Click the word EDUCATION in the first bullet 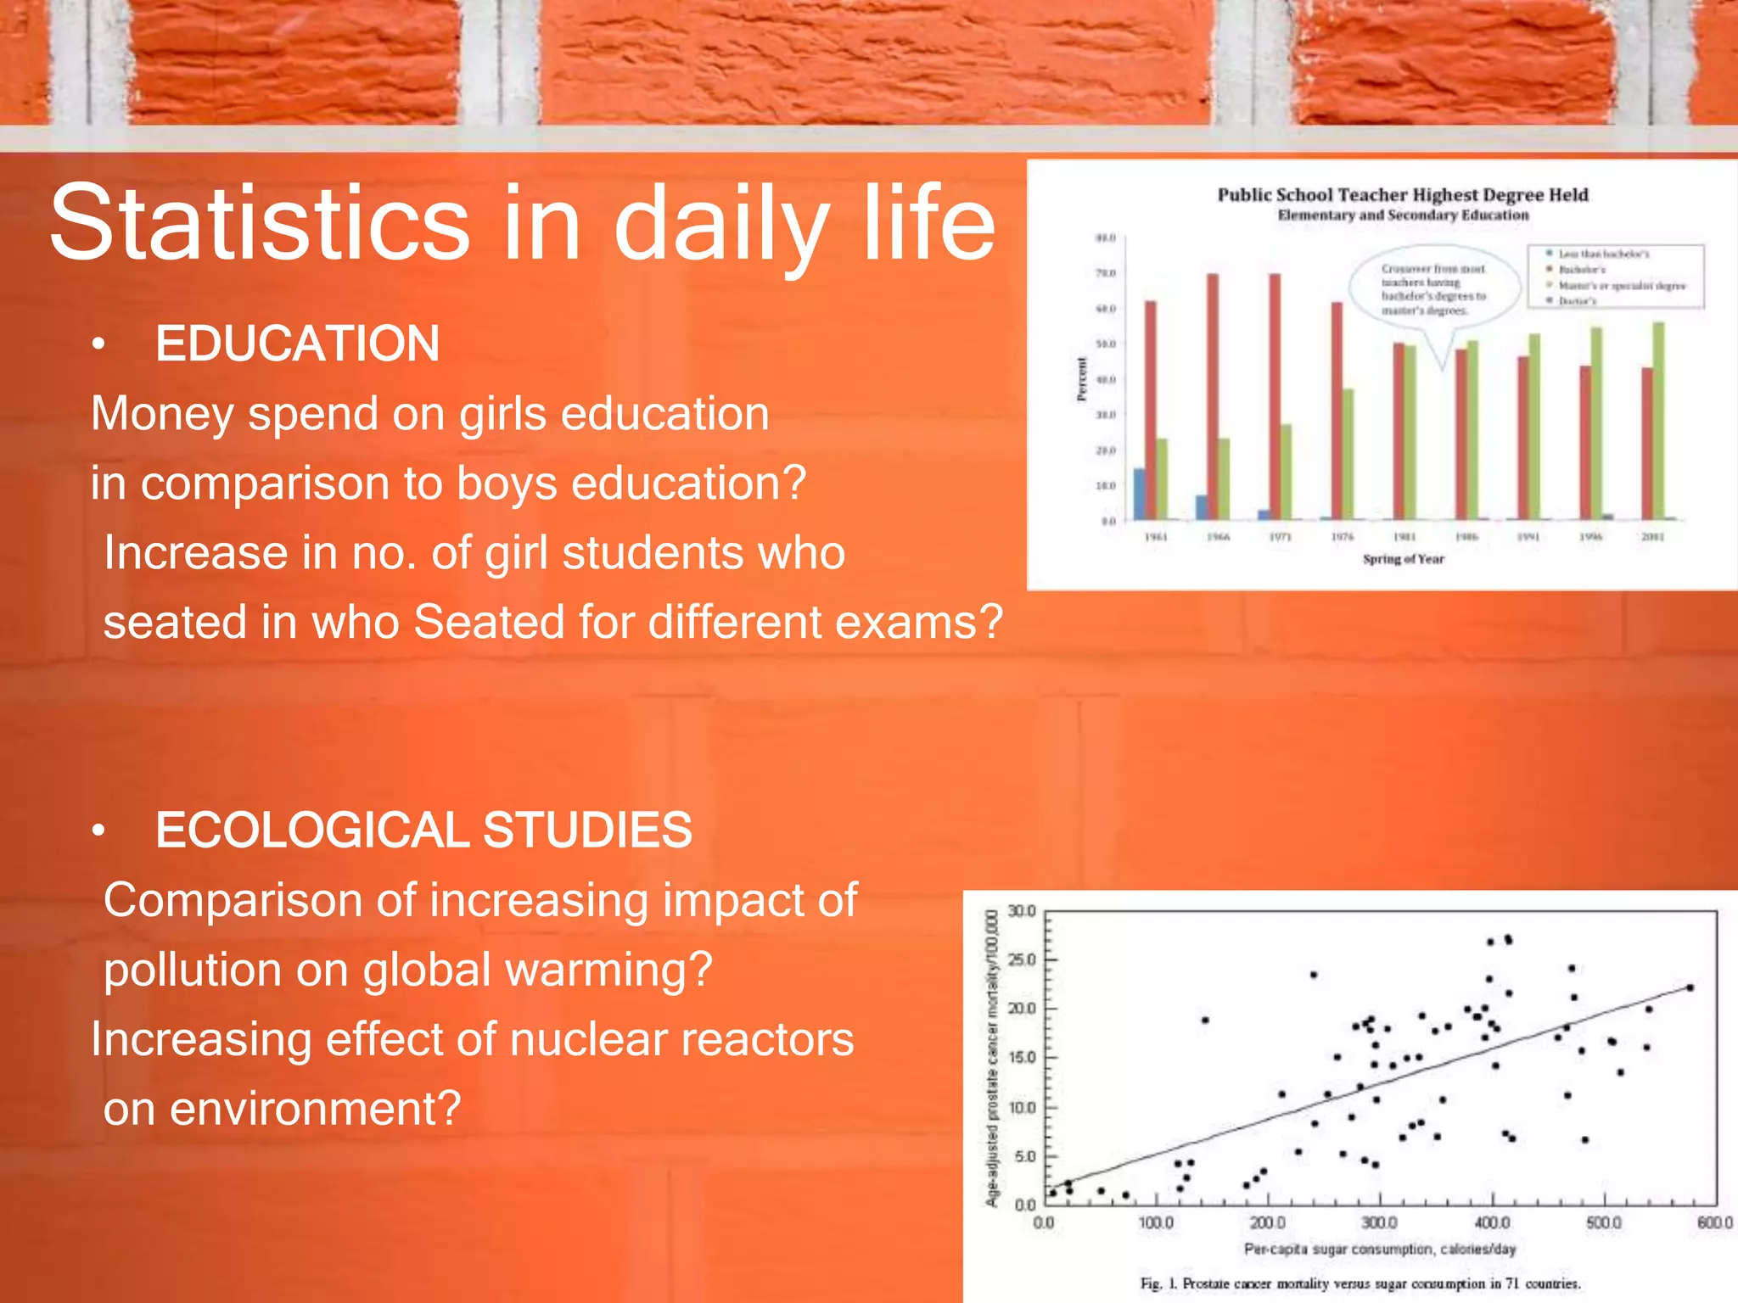tap(297, 344)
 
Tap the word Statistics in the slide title tap(259, 223)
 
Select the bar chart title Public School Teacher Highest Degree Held tap(1403, 195)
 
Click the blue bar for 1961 tap(1139, 494)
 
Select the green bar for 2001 tap(1658, 421)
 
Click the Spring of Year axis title tap(1403, 559)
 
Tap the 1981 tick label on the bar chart tap(1404, 537)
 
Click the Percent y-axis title tap(1082, 379)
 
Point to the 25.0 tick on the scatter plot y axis tap(1022, 959)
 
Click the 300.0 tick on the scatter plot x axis tap(1379, 1222)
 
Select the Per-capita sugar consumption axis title tap(1380, 1249)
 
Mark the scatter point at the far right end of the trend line tap(1690, 987)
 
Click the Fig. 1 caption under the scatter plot tap(1360, 1283)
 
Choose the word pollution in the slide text tap(225, 970)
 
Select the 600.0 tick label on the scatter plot tap(1714, 1222)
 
